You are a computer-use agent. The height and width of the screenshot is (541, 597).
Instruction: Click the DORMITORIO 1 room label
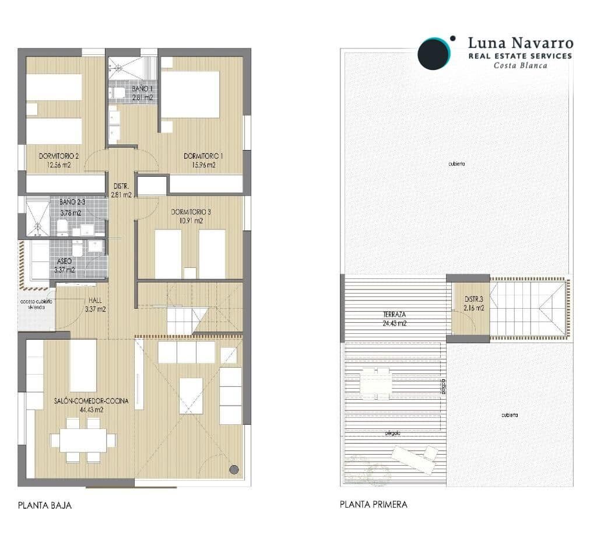(x=203, y=156)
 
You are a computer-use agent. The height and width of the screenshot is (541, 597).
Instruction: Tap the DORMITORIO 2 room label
(x=58, y=156)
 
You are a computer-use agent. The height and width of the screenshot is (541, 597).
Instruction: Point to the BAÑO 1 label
(x=142, y=88)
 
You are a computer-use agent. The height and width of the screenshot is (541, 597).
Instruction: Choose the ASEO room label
(x=64, y=261)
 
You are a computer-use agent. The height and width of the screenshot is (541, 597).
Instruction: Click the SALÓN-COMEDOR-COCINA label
(x=91, y=401)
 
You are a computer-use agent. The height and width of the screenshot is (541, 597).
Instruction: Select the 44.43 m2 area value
(x=91, y=410)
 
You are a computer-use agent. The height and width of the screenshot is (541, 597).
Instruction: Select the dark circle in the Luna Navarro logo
(x=434, y=54)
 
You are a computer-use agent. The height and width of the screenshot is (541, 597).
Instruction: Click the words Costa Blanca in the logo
(x=520, y=65)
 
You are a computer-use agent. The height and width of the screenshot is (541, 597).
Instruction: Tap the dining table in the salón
(x=83, y=440)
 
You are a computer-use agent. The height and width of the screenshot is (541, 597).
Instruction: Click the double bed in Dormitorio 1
(x=190, y=95)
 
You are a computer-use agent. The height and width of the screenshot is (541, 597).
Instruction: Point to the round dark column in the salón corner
(x=234, y=469)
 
